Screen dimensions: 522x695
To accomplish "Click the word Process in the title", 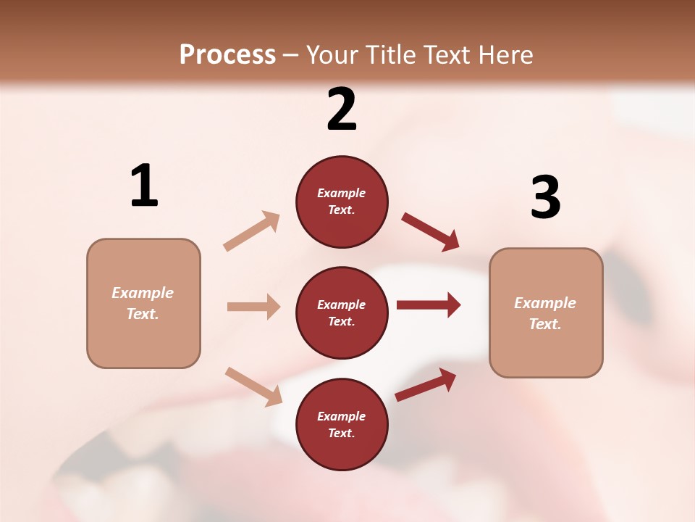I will (x=227, y=55).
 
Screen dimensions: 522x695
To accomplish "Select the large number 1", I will (x=144, y=186).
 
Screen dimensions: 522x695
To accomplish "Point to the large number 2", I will (x=342, y=110).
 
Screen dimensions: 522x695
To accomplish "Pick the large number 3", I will (x=545, y=198).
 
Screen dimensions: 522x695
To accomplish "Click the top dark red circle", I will (x=342, y=202).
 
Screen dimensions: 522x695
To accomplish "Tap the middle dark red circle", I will (x=342, y=312).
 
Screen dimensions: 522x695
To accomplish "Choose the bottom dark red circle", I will (x=342, y=424).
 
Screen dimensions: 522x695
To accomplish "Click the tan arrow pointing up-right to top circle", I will (x=252, y=231).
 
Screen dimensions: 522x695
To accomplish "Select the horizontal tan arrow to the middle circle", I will (x=253, y=307).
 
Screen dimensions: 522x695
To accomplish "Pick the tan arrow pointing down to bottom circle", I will (x=254, y=386).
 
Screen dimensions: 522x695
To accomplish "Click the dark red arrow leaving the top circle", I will (x=430, y=231).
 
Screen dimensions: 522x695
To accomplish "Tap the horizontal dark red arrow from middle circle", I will (x=429, y=305).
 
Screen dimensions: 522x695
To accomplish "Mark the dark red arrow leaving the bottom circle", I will (x=426, y=385).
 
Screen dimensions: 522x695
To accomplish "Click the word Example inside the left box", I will (x=143, y=293).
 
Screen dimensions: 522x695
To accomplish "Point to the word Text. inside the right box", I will (x=545, y=324).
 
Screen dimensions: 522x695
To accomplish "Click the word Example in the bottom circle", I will (x=341, y=416).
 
